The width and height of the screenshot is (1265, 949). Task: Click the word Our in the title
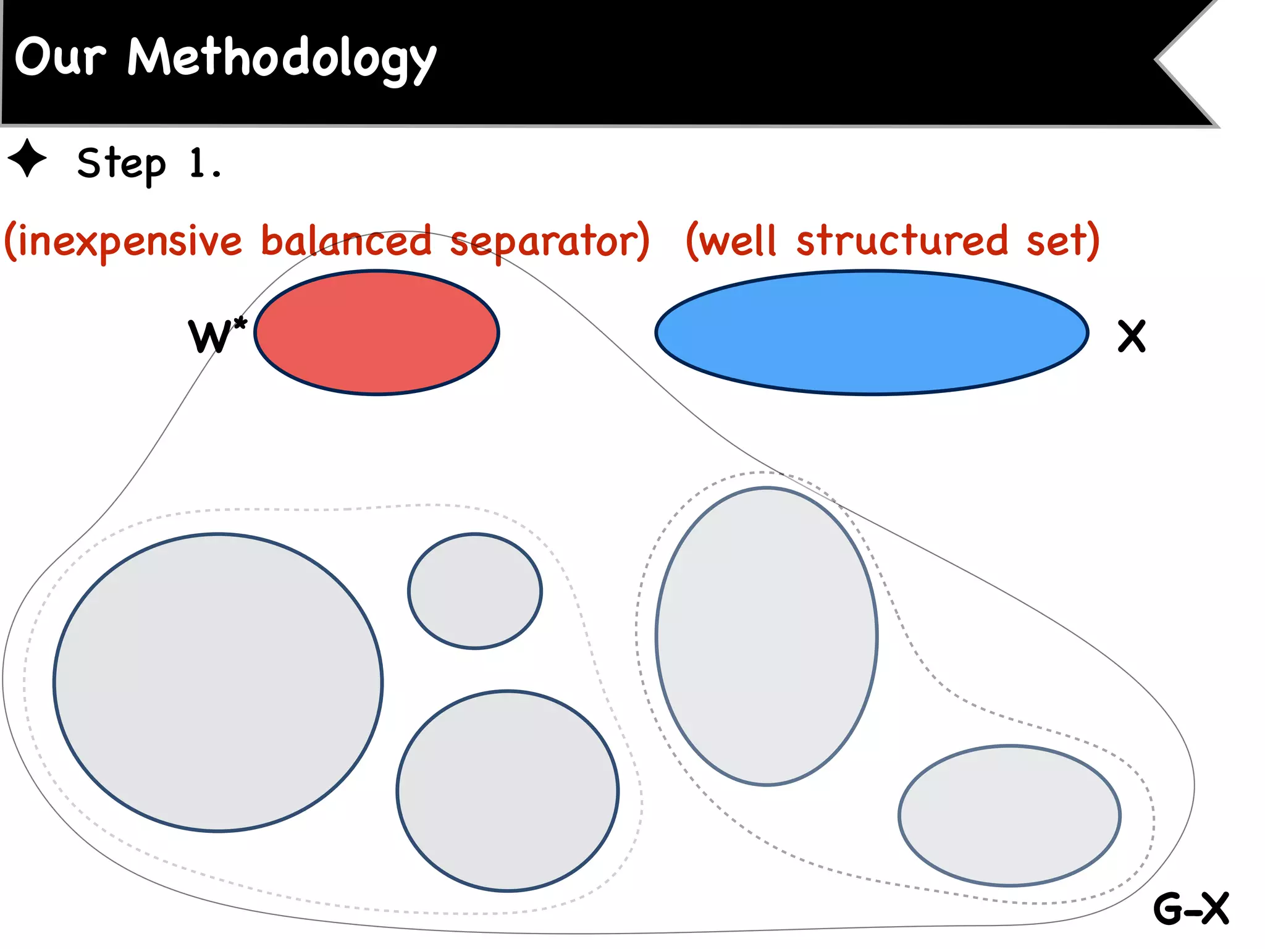click(60, 57)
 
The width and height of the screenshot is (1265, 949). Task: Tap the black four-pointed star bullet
click(27, 159)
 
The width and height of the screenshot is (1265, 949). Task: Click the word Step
click(122, 164)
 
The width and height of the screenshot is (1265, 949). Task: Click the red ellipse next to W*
click(377, 332)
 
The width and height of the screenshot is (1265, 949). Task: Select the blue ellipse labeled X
click(872, 332)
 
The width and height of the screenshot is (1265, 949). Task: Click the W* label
click(216, 335)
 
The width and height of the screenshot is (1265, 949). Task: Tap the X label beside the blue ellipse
click(1132, 336)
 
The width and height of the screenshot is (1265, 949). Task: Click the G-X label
click(1191, 909)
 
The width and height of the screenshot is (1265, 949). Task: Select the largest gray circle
click(218, 682)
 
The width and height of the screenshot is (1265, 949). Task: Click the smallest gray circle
click(475, 591)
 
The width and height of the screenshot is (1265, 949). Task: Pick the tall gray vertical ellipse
click(767, 636)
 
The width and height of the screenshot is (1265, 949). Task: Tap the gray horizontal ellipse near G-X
click(1009, 816)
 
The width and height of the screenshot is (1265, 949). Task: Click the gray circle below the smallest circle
click(508, 791)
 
